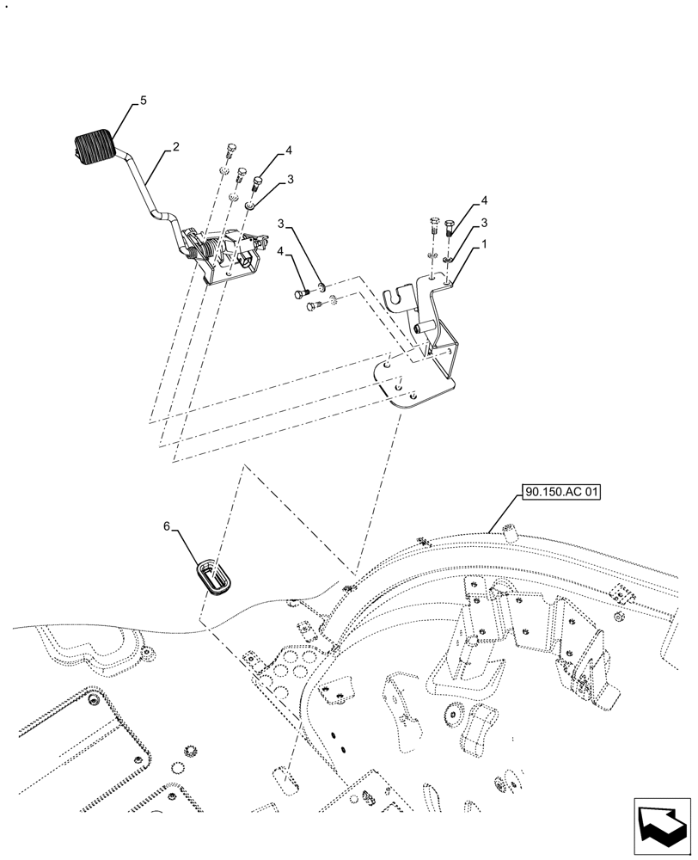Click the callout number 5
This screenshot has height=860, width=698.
point(143,101)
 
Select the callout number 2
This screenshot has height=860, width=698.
point(175,147)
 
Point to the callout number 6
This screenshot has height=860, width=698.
point(167,525)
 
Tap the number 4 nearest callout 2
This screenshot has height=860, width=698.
point(289,150)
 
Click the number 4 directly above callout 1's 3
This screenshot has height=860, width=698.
point(484,200)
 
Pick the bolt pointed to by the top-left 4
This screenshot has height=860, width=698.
point(256,183)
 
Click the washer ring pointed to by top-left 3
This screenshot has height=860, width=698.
point(249,206)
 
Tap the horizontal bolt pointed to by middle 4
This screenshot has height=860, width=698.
point(301,295)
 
